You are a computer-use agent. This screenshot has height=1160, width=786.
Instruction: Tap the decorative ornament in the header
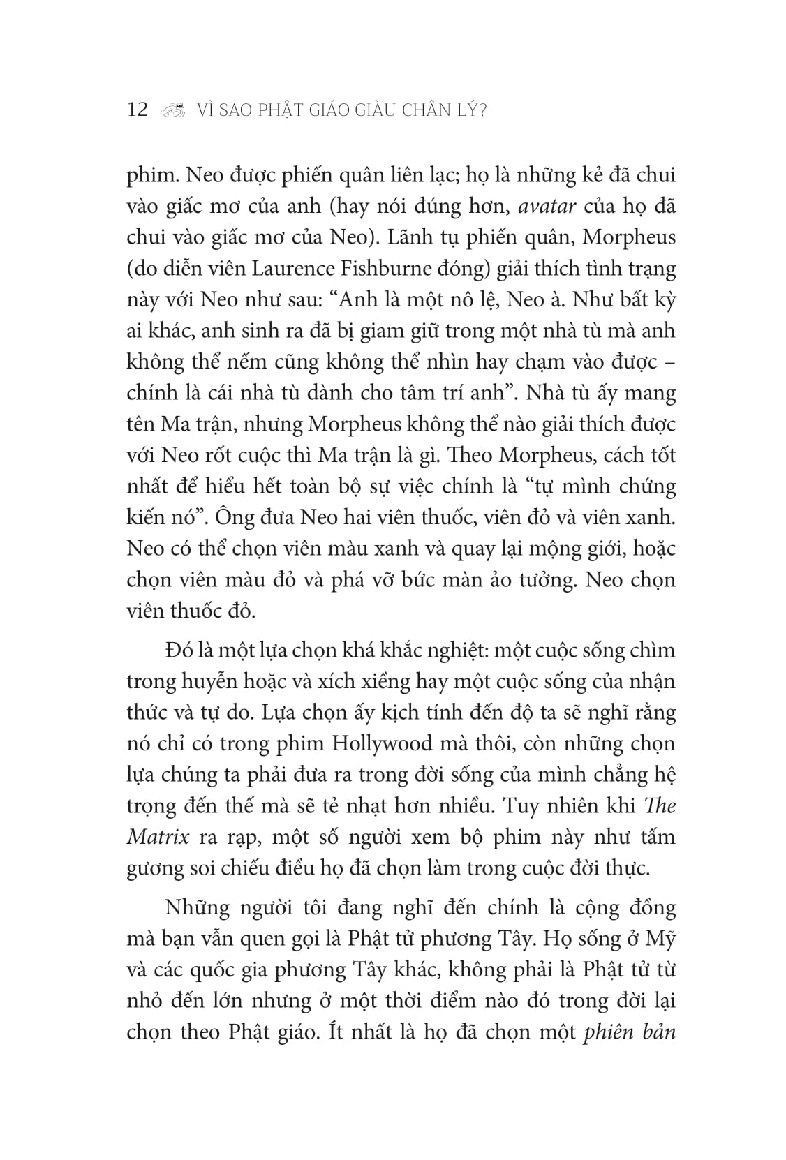(x=174, y=110)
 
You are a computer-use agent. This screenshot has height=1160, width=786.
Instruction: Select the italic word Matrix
(x=158, y=836)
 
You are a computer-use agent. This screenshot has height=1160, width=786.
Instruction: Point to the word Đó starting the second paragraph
(x=180, y=650)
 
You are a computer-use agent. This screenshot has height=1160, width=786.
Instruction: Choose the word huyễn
(x=203, y=681)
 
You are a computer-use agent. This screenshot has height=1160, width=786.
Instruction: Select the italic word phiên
(x=608, y=1032)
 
